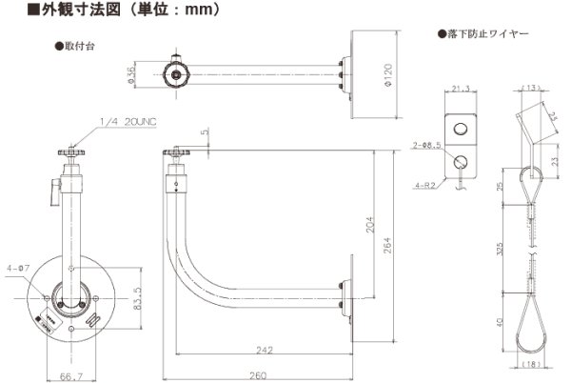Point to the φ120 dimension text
386,74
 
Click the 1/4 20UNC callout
126,121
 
